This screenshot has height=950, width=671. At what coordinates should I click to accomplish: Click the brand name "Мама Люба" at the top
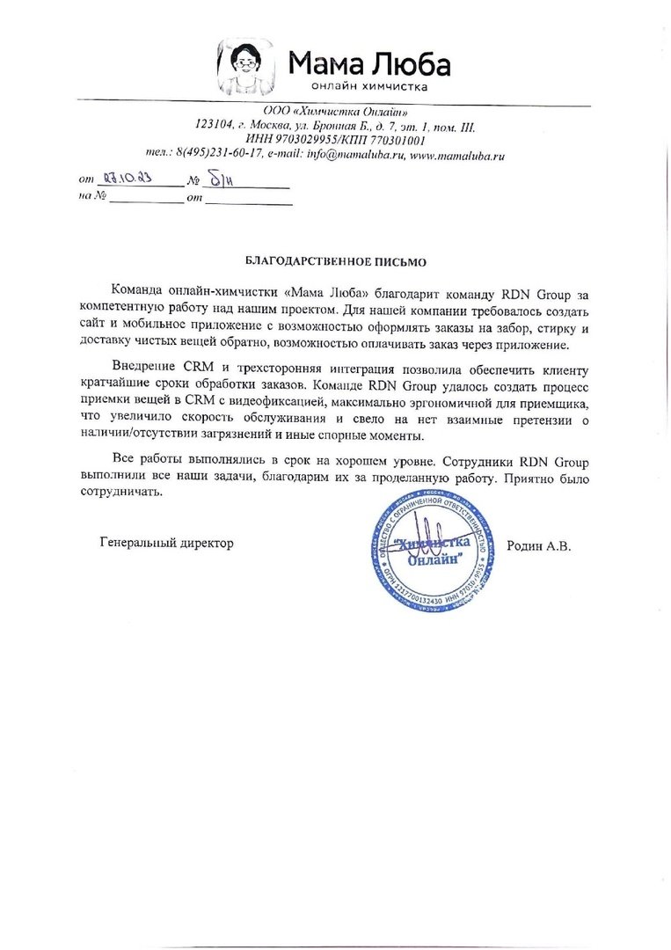coord(369,63)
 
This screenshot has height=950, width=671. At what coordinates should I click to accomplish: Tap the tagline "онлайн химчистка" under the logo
coord(369,87)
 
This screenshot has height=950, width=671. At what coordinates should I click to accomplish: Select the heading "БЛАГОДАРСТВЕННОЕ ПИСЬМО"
coord(335,262)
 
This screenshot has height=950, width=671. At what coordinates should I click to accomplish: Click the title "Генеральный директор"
coord(167,544)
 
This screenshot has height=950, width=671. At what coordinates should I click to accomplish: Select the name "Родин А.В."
coord(539,545)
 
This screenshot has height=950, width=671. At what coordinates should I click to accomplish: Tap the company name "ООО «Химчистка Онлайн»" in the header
coord(335,112)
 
